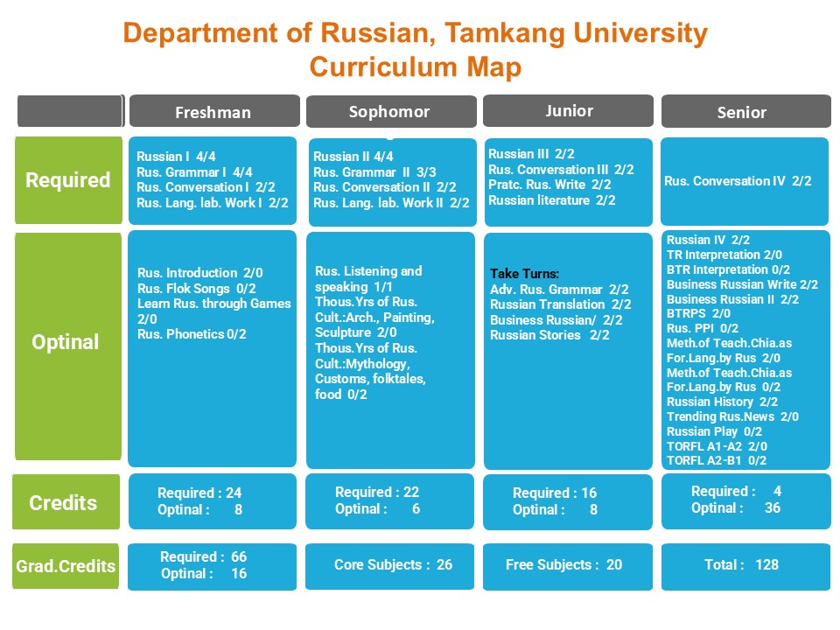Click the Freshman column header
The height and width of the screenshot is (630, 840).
pyautogui.click(x=213, y=112)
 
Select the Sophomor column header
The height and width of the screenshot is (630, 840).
pyautogui.click(x=389, y=112)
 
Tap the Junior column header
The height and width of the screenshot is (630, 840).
pyautogui.click(x=569, y=110)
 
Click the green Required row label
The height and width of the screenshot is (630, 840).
pyautogui.click(x=67, y=180)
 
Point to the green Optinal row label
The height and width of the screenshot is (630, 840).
pyautogui.click(x=66, y=342)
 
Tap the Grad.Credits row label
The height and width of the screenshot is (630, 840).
pyautogui.click(x=66, y=566)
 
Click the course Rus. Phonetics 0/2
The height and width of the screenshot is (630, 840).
pyautogui.click(x=192, y=334)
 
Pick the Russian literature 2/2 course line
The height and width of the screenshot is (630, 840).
pyautogui.click(x=551, y=200)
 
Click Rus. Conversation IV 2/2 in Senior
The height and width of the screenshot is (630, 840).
pyautogui.click(x=738, y=181)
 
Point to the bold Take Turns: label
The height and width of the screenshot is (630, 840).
pyautogui.click(x=524, y=274)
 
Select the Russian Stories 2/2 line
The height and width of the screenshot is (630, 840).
pyautogui.click(x=549, y=334)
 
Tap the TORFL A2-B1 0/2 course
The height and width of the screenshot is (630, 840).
pyautogui.click(x=716, y=460)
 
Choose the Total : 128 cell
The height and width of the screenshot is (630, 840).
pyautogui.click(x=741, y=564)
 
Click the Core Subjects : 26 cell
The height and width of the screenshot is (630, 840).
pyautogui.click(x=393, y=564)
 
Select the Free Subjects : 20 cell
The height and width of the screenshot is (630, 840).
pyautogui.click(x=563, y=564)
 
